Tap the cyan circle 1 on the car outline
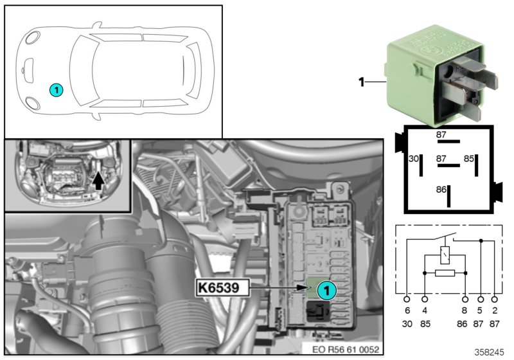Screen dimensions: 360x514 pyautogui.click(x=57, y=90)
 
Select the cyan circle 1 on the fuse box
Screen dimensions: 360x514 pyautogui.click(x=326, y=291)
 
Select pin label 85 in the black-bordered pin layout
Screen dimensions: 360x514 pyautogui.click(x=470, y=158)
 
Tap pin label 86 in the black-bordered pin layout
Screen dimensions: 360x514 pyautogui.click(x=441, y=190)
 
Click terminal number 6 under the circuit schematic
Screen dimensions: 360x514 pyautogui.click(x=406, y=310)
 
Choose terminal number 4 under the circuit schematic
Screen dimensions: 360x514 pyautogui.click(x=425, y=310)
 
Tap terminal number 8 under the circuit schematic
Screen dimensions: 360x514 pyautogui.click(x=465, y=310)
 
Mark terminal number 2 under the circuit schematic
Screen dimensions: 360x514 pyautogui.click(x=495, y=310)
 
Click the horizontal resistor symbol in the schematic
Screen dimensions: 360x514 pyautogui.click(x=444, y=273)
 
